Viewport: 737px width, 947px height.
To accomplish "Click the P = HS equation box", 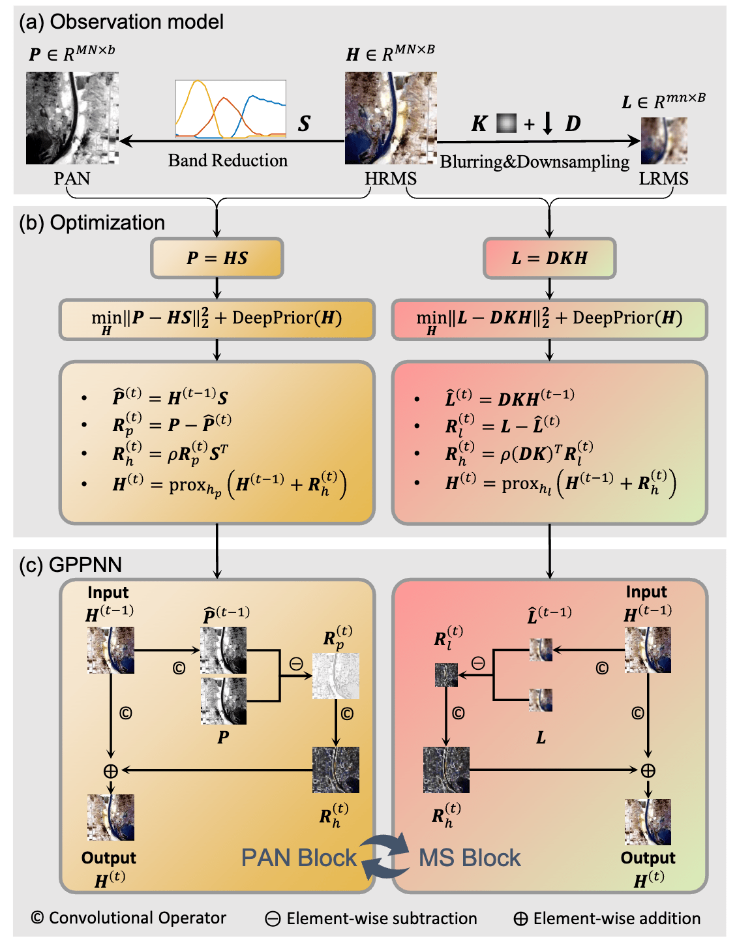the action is click(217, 258).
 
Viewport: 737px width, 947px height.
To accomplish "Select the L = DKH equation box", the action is click(550, 258).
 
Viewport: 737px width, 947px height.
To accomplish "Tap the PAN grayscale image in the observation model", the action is click(72, 118).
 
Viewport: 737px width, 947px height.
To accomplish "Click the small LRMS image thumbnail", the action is click(664, 141).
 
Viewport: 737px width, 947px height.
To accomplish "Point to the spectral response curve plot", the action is click(231, 109).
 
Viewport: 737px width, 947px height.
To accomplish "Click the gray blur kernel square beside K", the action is click(506, 123).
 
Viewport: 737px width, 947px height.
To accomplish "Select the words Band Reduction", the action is click(228, 160).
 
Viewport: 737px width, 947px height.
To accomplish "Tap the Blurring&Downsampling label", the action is click(534, 162).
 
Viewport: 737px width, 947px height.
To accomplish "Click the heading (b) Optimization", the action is click(92, 222).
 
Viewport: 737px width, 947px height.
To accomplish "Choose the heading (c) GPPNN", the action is click(70, 564).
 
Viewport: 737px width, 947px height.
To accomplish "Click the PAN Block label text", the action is click(299, 858).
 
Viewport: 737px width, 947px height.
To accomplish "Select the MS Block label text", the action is click(470, 858).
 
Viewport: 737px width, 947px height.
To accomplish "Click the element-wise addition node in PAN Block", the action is click(111, 770).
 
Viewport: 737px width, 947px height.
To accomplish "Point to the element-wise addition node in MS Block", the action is click(648, 770).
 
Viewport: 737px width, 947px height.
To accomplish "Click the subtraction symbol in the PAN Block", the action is click(296, 664).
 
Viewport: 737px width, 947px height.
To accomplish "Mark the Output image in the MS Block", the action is click(648, 822).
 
